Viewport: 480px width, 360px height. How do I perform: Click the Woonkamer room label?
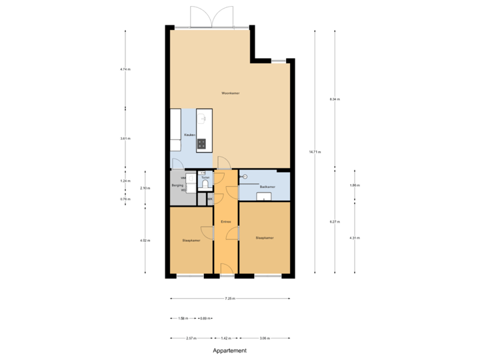click(x=230, y=93)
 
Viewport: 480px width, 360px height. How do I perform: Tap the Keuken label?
click(x=191, y=135)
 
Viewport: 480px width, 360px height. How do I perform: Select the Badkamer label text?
click(x=268, y=187)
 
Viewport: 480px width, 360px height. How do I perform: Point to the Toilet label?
click(x=205, y=177)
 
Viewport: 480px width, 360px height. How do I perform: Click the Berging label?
click(x=177, y=186)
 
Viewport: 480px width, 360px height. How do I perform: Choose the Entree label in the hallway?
click(x=226, y=221)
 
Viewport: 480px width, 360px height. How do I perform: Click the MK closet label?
click(x=210, y=199)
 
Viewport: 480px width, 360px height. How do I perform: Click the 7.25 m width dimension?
click(x=230, y=298)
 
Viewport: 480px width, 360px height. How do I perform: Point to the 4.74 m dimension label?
click(x=125, y=69)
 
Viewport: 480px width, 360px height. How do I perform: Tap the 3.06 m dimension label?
click(x=265, y=338)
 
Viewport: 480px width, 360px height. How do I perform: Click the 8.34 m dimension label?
click(x=335, y=99)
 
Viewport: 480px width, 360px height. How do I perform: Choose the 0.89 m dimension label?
click(x=205, y=318)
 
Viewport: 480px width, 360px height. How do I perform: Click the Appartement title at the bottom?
click(x=230, y=349)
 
